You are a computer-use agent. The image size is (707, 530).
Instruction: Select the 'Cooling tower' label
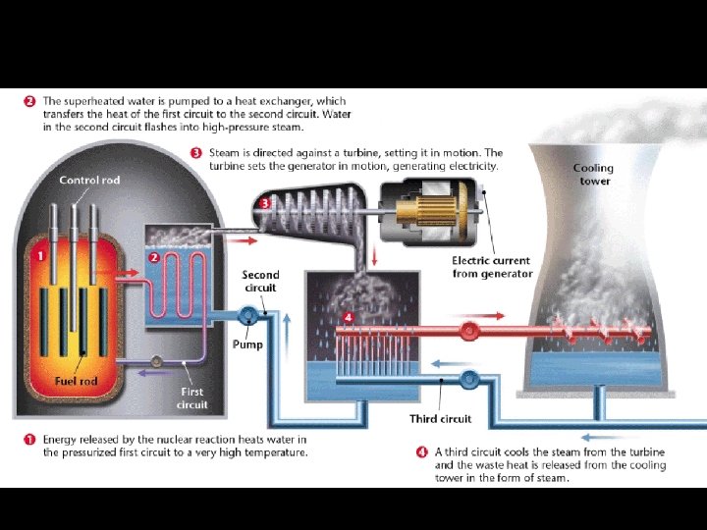coord(593,175)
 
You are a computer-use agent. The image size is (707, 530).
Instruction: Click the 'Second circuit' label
coord(260,282)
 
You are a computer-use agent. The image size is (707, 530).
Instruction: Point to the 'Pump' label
coord(247,344)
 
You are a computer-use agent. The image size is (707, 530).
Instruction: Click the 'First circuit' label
coord(191,397)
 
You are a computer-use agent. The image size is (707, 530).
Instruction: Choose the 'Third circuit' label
coord(440,419)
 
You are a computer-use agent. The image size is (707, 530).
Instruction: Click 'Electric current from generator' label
coord(492,267)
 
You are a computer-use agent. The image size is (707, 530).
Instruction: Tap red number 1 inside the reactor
coord(41,256)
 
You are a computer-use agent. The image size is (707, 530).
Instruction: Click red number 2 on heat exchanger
coord(154,256)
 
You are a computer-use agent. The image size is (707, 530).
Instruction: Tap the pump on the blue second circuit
coord(248,314)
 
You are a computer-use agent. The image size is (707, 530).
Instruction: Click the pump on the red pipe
coord(468,331)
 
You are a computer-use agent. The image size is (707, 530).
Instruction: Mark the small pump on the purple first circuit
coord(155,360)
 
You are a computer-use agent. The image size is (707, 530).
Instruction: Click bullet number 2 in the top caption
coord(30,101)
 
